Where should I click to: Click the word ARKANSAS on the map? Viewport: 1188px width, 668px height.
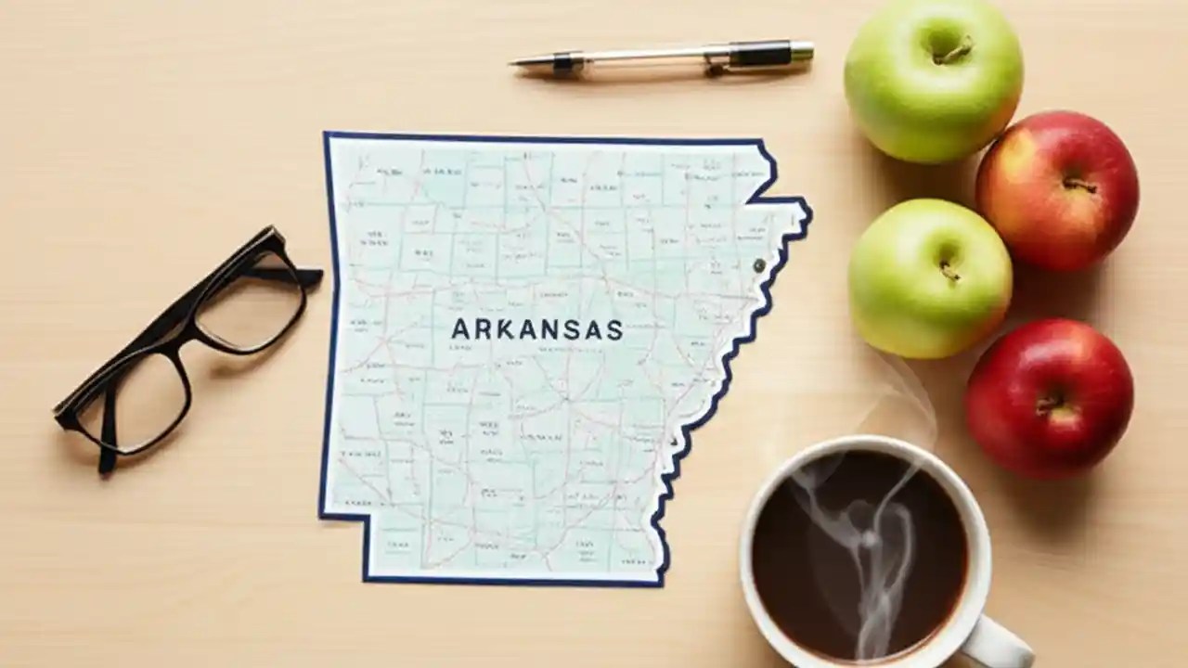tap(536, 329)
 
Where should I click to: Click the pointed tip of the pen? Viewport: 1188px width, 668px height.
tap(513, 62)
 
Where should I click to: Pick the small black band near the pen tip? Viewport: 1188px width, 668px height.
tap(562, 62)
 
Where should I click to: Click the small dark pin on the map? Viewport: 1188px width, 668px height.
tap(759, 266)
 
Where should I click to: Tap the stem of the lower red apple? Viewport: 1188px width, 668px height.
tap(1050, 405)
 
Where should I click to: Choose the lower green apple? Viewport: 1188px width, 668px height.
tap(929, 278)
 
